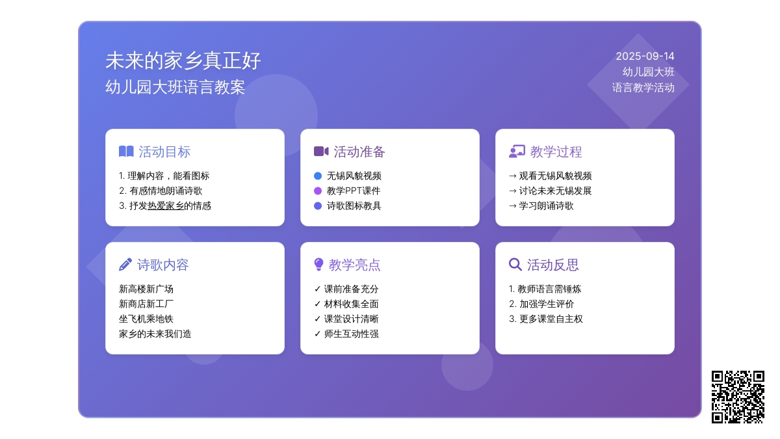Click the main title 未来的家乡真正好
(x=183, y=60)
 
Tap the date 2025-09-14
(x=645, y=56)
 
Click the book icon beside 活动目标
(x=126, y=151)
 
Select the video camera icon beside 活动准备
(x=321, y=151)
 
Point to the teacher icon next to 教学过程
(x=517, y=152)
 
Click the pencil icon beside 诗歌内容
(x=125, y=265)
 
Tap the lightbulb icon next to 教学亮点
(x=318, y=264)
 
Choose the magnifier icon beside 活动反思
(x=515, y=265)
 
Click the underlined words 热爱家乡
(x=166, y=206)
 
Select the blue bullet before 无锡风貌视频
(x=318, y=176)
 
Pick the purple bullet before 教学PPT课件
(x=318, y=191)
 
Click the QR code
(x=738, y=397)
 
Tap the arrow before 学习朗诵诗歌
(x=513, y=206)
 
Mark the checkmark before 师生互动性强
(x=317, y=334)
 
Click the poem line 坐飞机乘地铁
(x=146, y=319)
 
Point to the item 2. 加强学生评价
(x=541, y=304)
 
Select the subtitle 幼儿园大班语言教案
(x=175, y=87)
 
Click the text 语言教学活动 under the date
(x=643, y=87)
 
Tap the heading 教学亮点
(x=354, y=265)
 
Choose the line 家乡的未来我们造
(x=155, y=334)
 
